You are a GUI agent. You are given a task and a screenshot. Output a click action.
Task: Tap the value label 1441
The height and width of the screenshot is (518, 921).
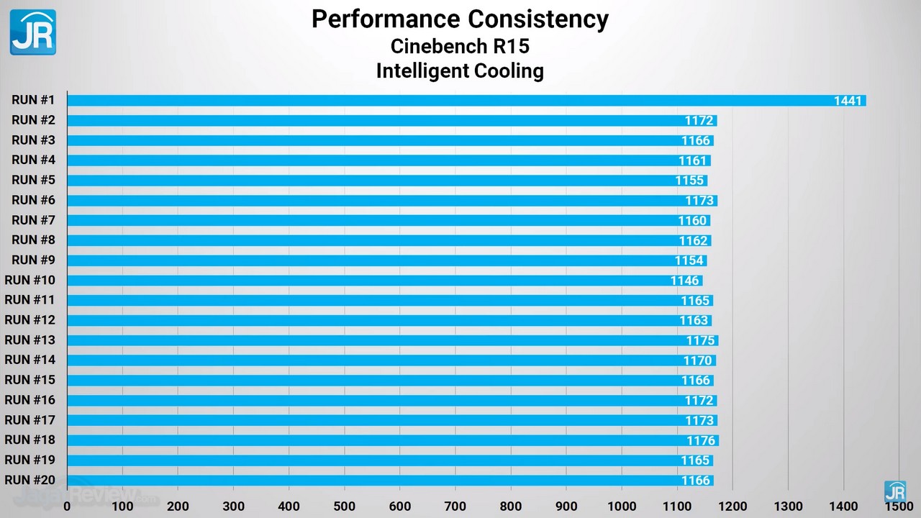pyautogui.click(x=848, y=101)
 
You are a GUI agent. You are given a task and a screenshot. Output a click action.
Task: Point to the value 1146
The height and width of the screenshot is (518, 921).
pyautogui.click(x=685, y=281)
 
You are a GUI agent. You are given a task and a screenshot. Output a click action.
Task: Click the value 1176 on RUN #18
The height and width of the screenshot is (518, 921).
pyautogui.click(x=701, y=440)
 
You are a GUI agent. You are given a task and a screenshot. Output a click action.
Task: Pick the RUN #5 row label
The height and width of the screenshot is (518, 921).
pyautogui.click(x=33, y=180)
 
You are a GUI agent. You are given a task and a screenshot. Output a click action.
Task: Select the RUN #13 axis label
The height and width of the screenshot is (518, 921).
pyautogui.click(x=30, y=340)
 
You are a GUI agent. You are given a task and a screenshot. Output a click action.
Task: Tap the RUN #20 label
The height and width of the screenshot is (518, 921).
pyautogui.click(x=30, y=480)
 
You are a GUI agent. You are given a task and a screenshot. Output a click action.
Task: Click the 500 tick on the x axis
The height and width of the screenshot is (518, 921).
pyautogui.click(x=345, y=506)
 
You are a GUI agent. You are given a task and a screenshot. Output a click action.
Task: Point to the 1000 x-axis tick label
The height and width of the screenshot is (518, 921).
pyautogui.click(x=622, y=506)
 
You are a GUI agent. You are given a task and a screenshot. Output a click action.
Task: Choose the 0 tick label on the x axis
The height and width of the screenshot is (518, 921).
pyautogui.click(x=67, y=506)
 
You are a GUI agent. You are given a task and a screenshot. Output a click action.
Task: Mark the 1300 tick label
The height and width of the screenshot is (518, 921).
pyautogui.click(x=788, y=506)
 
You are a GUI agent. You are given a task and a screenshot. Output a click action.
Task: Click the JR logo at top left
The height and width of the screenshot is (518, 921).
pyautogui.click(x=32, y=32)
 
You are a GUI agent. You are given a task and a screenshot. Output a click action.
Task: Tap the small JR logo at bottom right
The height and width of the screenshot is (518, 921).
pyautogui.click(x=895, y=491)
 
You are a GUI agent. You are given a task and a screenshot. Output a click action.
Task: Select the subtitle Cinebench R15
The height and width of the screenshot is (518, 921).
pyautogui.click(x=460, y=46)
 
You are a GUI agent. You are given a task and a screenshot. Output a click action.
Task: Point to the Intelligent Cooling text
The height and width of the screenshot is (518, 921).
pyautogui.click(x=460, y=71)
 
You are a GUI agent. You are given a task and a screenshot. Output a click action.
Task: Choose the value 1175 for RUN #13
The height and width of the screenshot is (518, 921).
pyautogui.click(x=700, y=340)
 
